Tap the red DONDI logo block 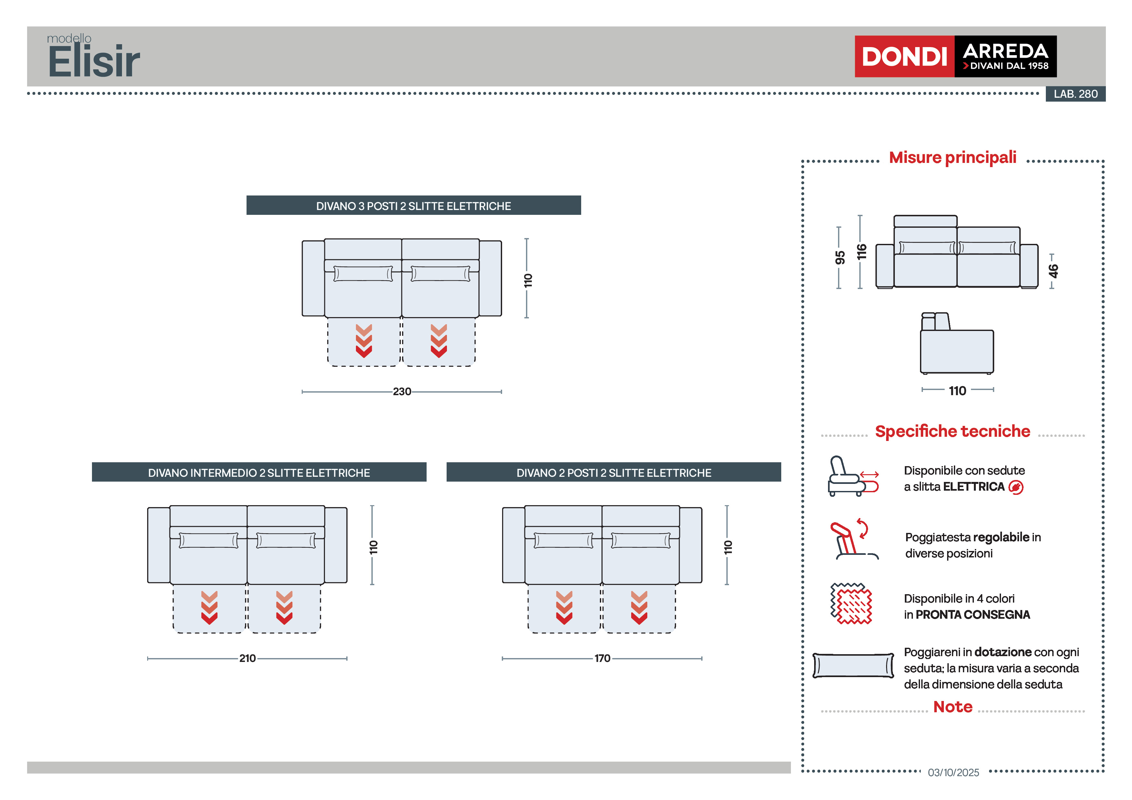[904, 56]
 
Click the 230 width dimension [402, 391]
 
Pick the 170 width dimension [602, 658]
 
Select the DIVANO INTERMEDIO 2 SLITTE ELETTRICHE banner [259, 473]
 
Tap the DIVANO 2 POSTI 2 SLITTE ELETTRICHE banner [613, 473]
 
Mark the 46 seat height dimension [1053, 271]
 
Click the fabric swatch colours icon [851, 604]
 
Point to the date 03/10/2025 [953, 772]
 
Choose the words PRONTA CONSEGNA [972, 615]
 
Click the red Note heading [953, 707]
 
